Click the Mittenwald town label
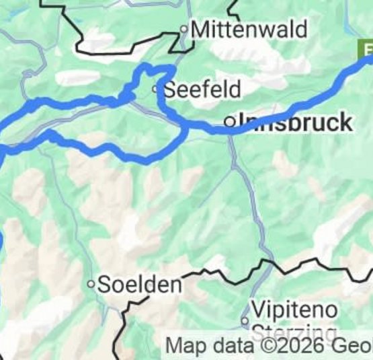[x=249, y=30]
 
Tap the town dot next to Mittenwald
[x=183, y=30]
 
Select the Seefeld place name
[x=202, y=89]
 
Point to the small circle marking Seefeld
[x=156, y=89]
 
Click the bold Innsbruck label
[x=296, y=122]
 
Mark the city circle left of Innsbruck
[x=231, y=122]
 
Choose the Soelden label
[x=140, y=284]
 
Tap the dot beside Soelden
[x=91, y=284]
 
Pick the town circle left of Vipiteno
[x=245, y=319]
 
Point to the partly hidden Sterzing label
[x=294, y=332]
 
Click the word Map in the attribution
[x=183, y=347]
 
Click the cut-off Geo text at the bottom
[x=354, y=347]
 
